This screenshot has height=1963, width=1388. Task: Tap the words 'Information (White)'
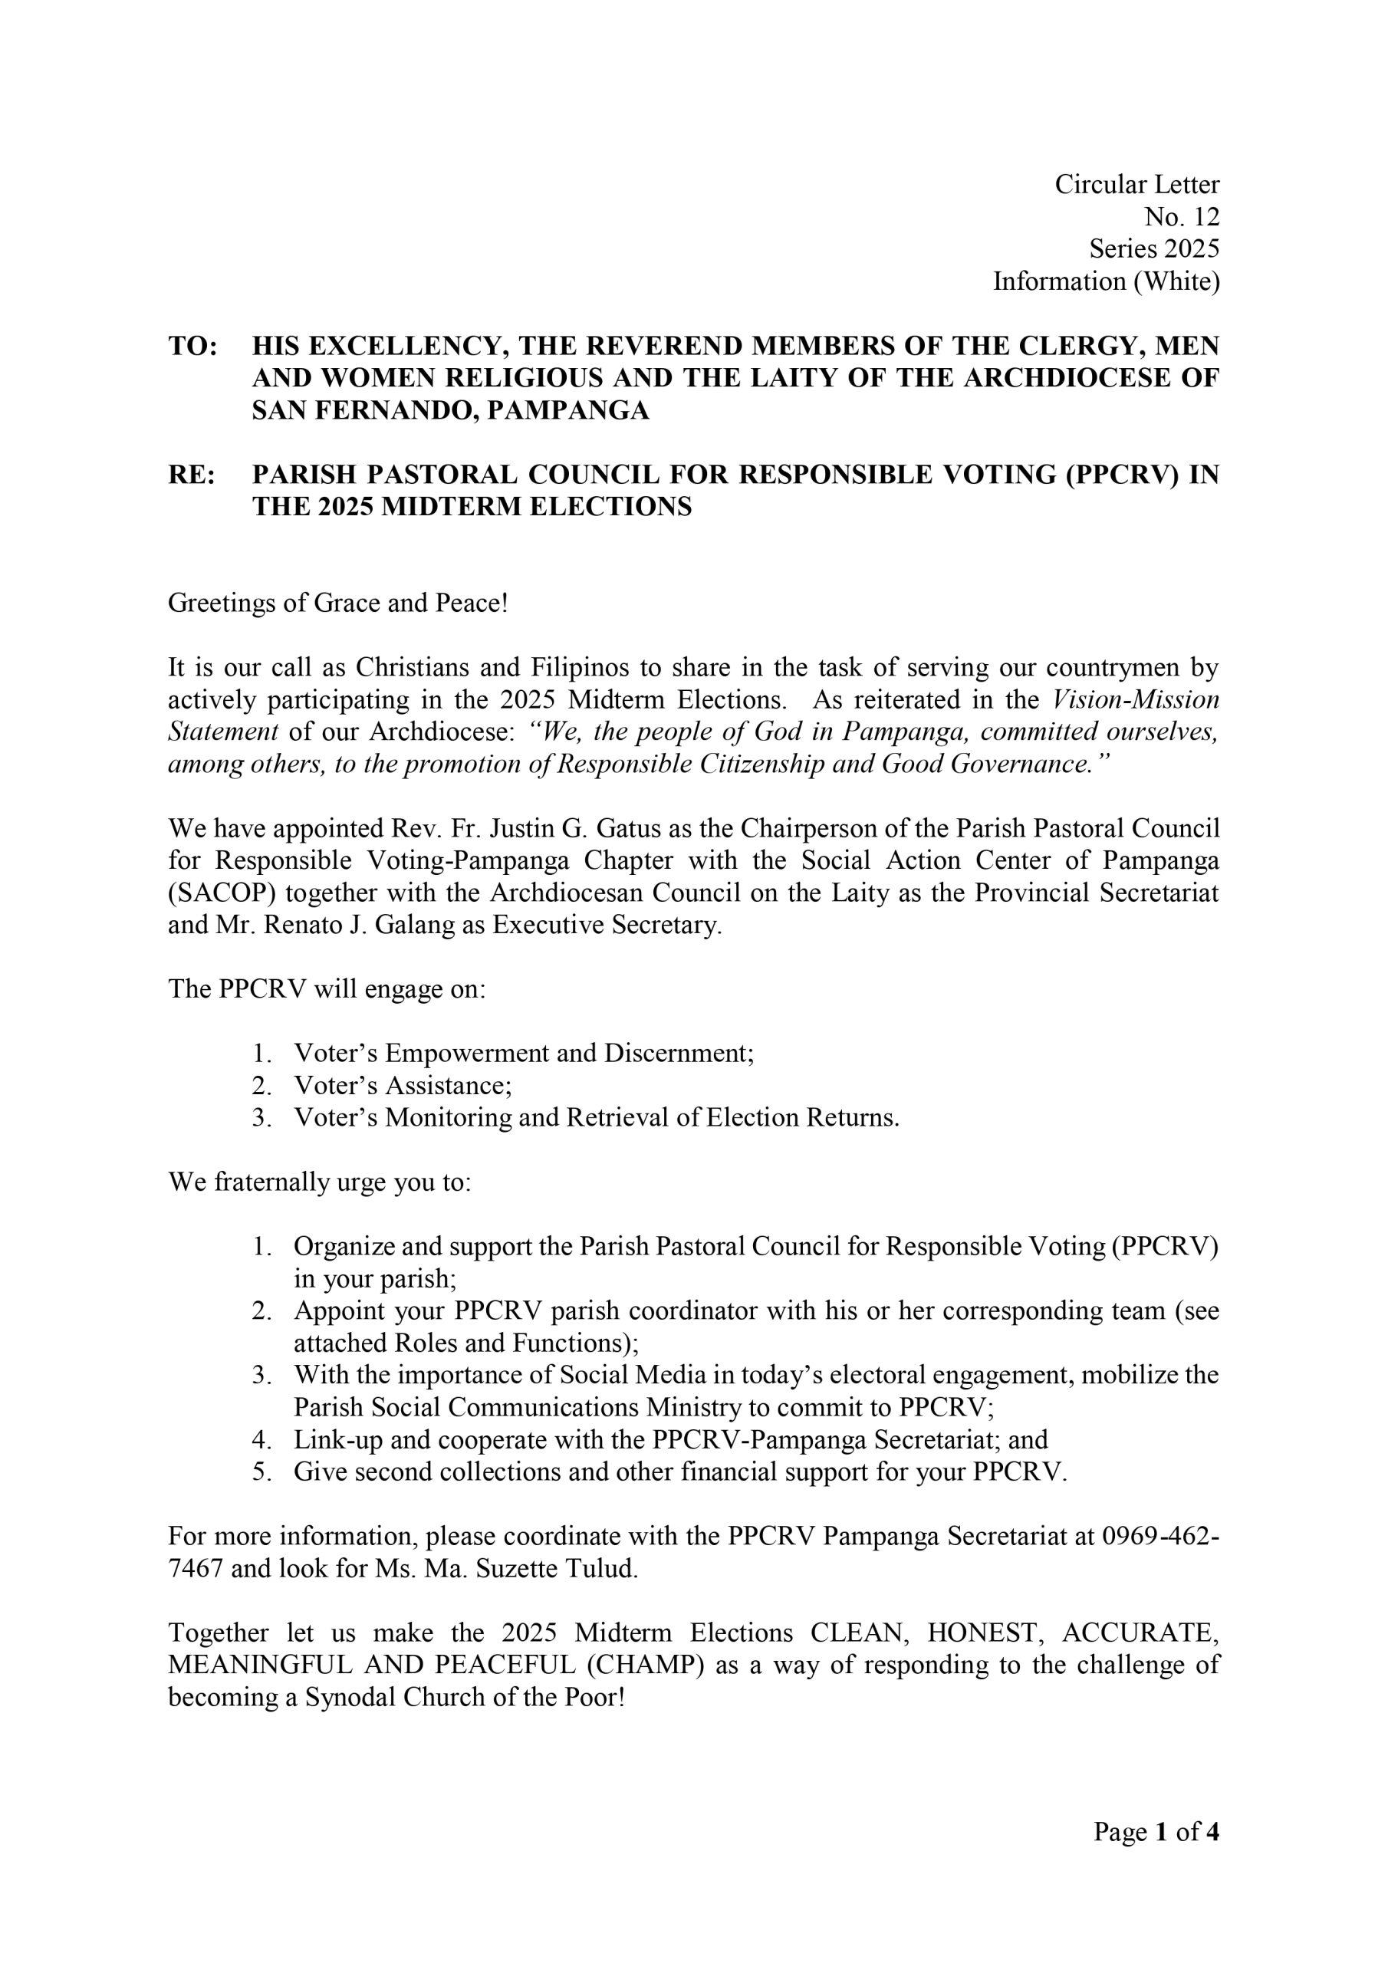point(1106,281)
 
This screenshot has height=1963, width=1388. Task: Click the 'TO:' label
point(192,347)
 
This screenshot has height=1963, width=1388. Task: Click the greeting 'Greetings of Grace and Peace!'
point(338,603)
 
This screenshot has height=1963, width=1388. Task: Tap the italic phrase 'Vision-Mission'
point(1134,699)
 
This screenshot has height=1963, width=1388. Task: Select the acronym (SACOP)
point(222,893)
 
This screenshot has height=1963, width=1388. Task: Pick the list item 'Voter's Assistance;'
point(403,1086)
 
